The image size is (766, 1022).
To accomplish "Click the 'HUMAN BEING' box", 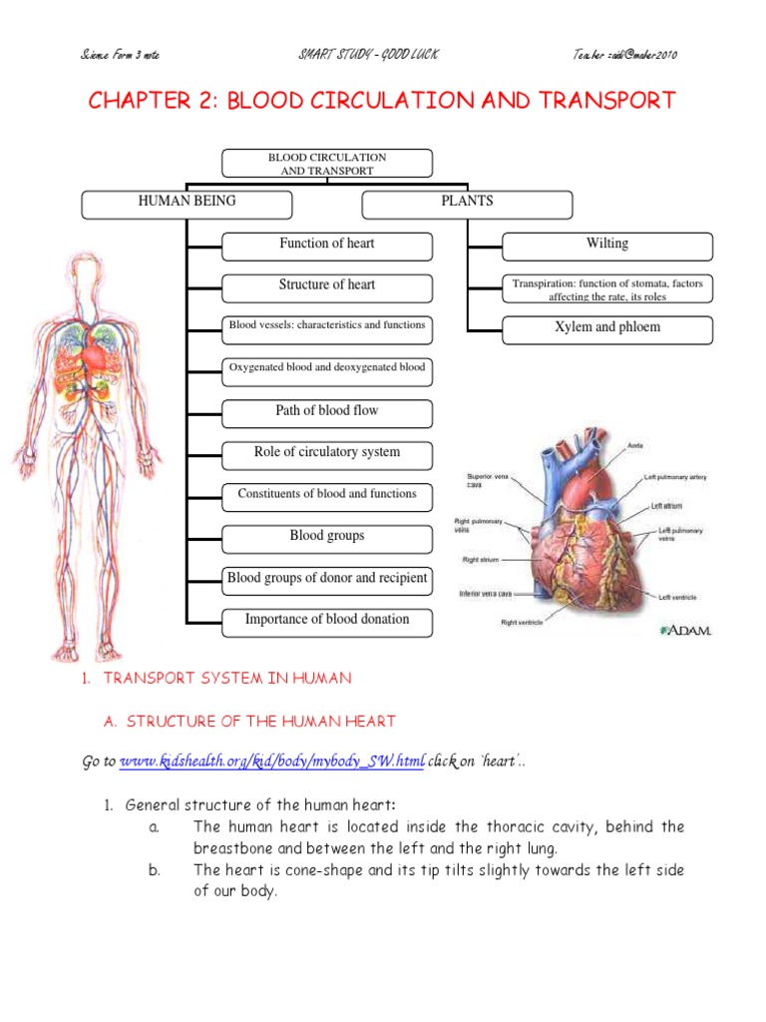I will [187, 204].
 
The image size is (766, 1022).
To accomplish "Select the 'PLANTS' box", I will [467, 204].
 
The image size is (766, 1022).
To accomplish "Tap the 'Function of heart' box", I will [327, 246].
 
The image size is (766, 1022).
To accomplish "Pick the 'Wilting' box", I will [607, 246].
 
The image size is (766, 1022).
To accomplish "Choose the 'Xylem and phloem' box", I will [607, 329].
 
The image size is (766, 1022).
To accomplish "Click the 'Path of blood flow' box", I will [327, 412].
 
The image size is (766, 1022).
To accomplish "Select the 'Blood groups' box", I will [327, 538].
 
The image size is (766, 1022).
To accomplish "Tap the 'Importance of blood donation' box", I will [327, 621].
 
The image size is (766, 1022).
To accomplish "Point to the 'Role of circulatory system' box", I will [327, 454].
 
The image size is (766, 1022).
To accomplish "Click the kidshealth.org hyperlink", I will [272, 763].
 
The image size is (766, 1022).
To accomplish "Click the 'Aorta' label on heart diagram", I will [635, 445].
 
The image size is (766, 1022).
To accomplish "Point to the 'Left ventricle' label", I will [677, 597].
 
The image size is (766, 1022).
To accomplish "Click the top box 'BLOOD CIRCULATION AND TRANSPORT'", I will [327, 164].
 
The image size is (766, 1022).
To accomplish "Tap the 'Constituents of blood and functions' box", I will [327, 496].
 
